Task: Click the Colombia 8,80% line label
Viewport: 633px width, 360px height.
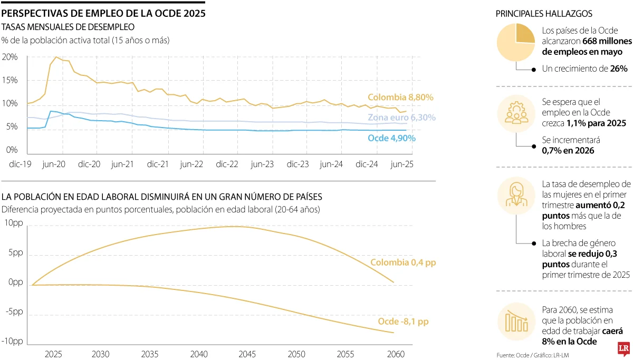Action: [400, 98]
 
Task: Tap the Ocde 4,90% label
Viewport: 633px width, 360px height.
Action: [392, 138]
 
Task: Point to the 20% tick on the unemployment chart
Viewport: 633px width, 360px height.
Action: [10, 57]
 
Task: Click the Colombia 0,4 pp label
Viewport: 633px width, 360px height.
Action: [403, 262]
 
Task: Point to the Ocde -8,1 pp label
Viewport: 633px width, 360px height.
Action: [403, 322]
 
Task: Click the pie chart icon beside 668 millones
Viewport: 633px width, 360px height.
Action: [515, 42]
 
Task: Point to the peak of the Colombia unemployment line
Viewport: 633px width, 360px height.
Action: [56, 57]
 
